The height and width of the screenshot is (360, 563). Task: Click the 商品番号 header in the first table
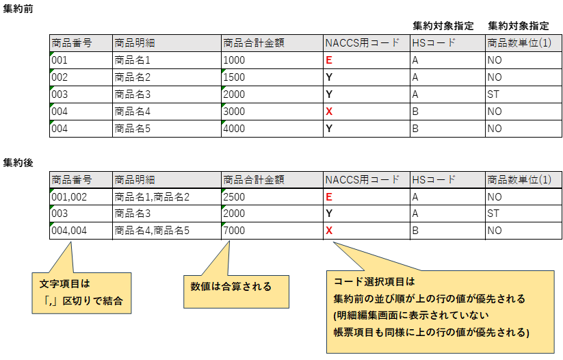coord(71,43)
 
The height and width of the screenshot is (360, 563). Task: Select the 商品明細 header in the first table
coord(135,43)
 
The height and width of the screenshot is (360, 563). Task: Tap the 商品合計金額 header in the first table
coord(253,43)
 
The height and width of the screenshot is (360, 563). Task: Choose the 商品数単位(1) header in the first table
coord(519,43)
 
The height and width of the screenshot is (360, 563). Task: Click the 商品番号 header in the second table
coord(71,180)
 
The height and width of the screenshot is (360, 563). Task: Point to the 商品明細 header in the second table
coord(135,180)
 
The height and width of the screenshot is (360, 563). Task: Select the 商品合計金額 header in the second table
coord(253,180)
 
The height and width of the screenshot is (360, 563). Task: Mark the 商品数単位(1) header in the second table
coord(519,180)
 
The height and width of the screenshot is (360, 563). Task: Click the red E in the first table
coord(329,60)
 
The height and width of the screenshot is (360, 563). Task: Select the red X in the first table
coord(329,111)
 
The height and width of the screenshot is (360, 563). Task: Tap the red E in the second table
coord(329,197)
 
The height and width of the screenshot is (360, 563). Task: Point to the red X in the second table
coord(329,230)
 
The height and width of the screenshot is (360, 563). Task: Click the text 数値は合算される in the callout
coord(231,286)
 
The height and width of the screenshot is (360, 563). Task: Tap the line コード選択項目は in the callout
coord(374,282)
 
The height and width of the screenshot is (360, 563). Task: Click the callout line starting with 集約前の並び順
coord(429,299)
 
